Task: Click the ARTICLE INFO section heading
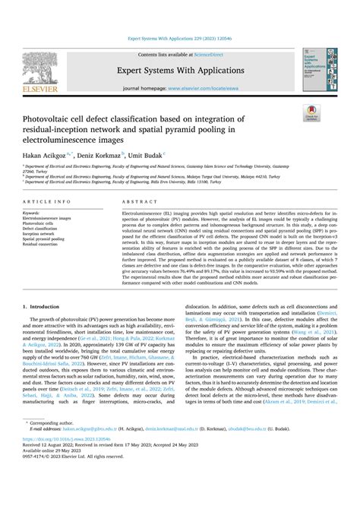(x=49, y=202)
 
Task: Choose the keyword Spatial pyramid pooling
(x=52, y=240)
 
